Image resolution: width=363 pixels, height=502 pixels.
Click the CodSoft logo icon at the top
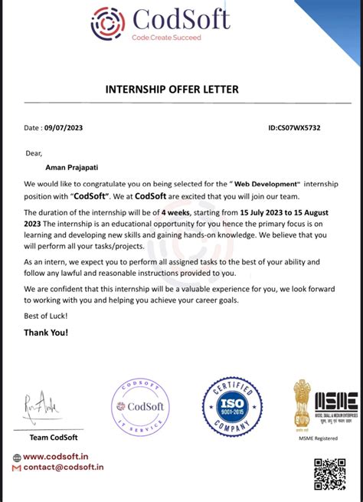click(108, 23)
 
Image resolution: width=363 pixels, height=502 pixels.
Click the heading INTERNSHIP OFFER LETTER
click(172, 90)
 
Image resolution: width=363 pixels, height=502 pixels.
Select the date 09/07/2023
click(66, 128)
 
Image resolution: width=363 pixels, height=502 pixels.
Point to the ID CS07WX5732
click(294, 128)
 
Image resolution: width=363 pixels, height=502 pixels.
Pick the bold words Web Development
click(265, 185)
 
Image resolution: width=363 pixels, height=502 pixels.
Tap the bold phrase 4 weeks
click(177, 212)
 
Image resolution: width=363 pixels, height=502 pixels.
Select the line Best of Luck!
click(45, 316)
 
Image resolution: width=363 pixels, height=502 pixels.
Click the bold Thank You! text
click(46, 333)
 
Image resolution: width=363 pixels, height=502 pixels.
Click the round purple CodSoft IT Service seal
click(140, 408)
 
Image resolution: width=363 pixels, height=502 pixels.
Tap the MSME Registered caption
click(318, 438)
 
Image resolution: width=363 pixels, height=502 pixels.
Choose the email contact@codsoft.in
click(63, 467)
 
